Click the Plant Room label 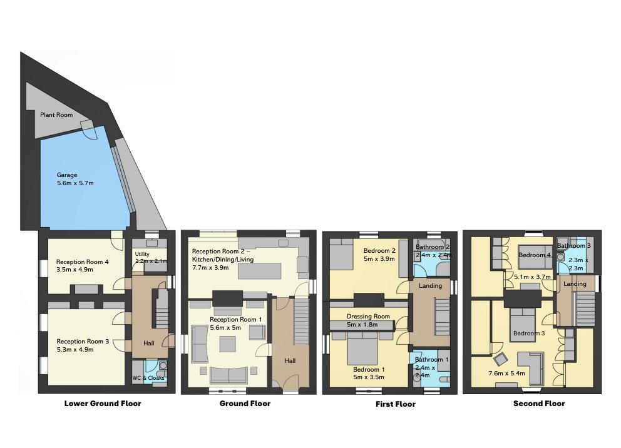56,115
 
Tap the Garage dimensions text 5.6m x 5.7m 75,183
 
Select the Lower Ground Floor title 103,404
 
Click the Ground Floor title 245,404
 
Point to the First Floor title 395,404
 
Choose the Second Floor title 539,404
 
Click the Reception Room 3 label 83,341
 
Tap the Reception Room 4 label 83,262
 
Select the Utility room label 142,254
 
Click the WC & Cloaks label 148,378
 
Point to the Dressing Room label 368,316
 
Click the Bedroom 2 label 379,250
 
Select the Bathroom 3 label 574,246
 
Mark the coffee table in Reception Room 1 228,344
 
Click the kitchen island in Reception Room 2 259,271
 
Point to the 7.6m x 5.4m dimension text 506,373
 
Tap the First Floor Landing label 430,286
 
